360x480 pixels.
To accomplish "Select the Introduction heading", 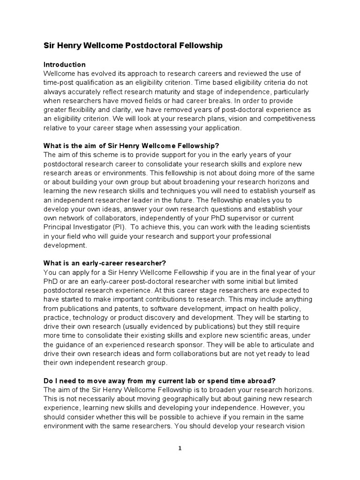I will tap(64, 64).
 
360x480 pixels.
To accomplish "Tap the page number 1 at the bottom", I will tap(180, 448).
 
